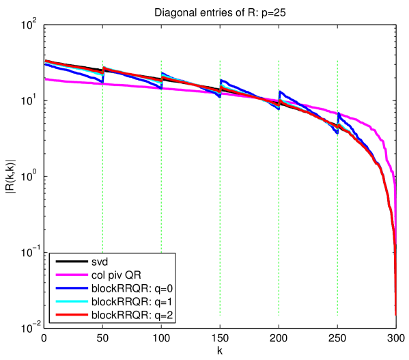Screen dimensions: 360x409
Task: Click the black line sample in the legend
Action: (x=68, y=262)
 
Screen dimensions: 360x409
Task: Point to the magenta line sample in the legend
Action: (x=68, y=275)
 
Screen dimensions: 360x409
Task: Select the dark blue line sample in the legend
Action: (x=68, y=288)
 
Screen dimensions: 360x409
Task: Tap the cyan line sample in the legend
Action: (x=68, y=301)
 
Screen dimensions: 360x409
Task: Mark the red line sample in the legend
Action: (x=68, y=315)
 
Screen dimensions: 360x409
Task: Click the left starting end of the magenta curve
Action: (x=45, y=79)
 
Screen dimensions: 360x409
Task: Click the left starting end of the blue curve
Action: (x=45, y=64)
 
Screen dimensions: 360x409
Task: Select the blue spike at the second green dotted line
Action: (x=162, y=73)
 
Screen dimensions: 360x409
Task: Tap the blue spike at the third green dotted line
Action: (x=221, y=80)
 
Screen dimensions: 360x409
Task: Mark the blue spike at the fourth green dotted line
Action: (x=279, y=91)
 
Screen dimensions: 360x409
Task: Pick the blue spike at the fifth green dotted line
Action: (x=338, y=113)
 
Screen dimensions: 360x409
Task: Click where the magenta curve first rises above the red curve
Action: (x=263, y=98)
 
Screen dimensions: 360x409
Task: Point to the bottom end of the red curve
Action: (x=396, y=314)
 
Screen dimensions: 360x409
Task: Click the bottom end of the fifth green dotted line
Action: (x=337, y=314)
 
